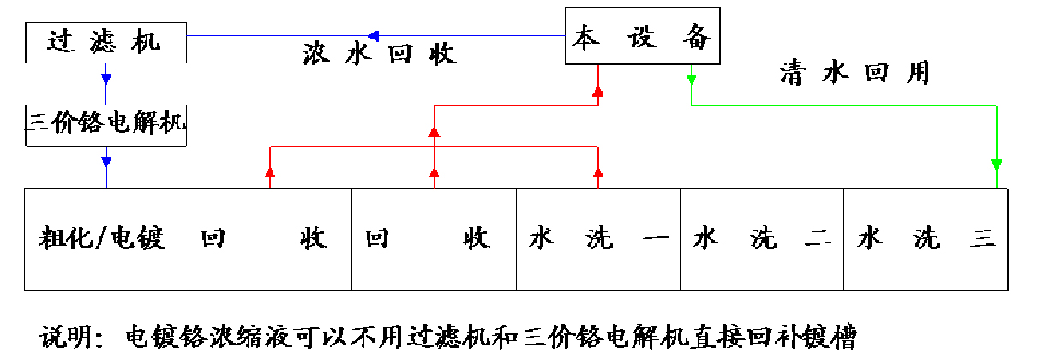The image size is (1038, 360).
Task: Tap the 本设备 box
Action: tap(642, 37)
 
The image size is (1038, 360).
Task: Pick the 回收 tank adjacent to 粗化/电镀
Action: tap(270, 237)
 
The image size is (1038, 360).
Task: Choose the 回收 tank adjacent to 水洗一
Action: tap(434, 237)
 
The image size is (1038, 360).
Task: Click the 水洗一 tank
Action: tap(597, 237)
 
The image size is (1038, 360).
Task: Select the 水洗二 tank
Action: tap(762, 237)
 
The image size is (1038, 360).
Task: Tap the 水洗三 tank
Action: tap(926, 237)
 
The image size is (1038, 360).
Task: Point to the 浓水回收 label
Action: tap(380, 54)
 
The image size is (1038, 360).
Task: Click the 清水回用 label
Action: tap(854, 72)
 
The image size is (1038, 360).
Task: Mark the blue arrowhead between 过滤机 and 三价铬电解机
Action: tap(106, 79)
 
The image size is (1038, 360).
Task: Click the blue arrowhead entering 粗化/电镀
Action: tap(106, 161)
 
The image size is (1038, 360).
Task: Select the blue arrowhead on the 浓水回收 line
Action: tap(373, 35)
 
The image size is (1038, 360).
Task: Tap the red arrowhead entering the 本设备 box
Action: tap(598, 90)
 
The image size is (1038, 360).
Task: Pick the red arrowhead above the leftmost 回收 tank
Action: tap(270, 174)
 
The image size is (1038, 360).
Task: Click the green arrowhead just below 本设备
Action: tap(691, 80)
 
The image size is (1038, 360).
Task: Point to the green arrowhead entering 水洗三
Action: tap(996, 163)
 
